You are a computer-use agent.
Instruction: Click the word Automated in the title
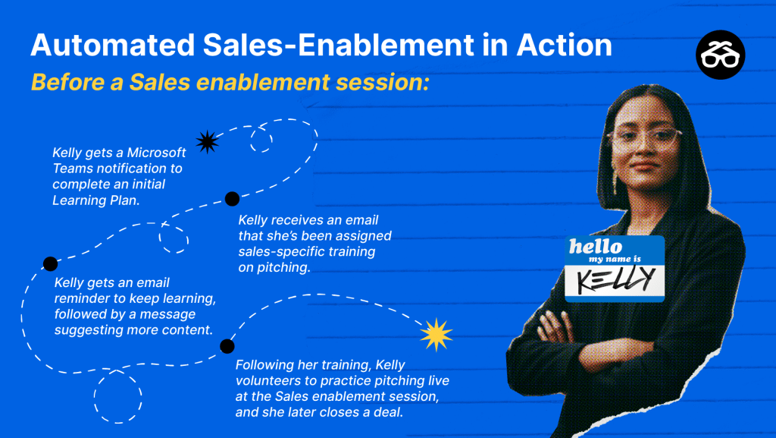pyautogui.click(x=113, y=45)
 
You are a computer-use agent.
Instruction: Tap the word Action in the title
pyautogui.click(x=565, y=45)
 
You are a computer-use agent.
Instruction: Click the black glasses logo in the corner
pyautogui.click(x=720, y=55)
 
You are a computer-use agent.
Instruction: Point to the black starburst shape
pyautogui.click(x=208, y=142)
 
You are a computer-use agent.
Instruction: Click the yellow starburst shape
pyautogui.click(x=436, y=335)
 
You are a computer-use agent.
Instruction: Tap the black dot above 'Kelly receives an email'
pyautogui.click(x=232, y=199)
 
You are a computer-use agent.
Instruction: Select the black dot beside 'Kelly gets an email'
pyautogui.click(x=51, y=263)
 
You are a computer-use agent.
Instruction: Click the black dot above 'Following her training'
pyautogui.click(x=227, y=346)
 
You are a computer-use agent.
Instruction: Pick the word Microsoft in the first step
pyautogui.click(x=156, y=153)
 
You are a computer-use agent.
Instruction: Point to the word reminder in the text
pyautogui.click(x=82, y=298)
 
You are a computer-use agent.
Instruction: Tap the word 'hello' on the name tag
pyautogui.click(x=596, y=246)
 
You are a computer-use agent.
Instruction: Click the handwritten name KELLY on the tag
pyautogui.click(x=615, y=279)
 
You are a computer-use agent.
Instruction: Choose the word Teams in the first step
pyautogui.click(x=70, y=169)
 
